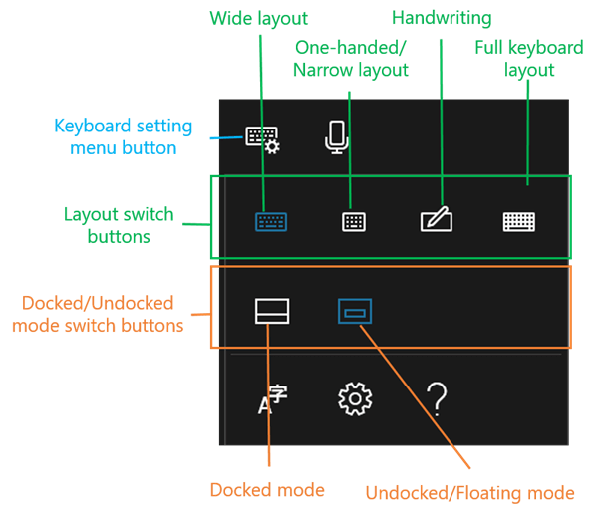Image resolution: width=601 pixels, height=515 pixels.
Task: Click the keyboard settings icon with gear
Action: click(263, 137)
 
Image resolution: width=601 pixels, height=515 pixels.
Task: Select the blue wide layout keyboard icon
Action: click(271, 221)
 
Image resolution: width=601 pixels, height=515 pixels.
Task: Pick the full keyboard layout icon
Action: click(520, 221)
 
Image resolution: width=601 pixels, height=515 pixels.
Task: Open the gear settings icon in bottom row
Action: click(354, 399)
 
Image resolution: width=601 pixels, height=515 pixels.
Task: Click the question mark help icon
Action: click(437, 399)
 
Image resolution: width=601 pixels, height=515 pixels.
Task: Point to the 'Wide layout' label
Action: click(258, 18)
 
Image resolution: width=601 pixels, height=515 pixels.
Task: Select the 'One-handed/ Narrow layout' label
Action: click(351, 59)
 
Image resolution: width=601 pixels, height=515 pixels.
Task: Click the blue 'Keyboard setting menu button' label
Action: click(116, 137)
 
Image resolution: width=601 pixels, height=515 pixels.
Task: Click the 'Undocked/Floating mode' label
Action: click(469, 492)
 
